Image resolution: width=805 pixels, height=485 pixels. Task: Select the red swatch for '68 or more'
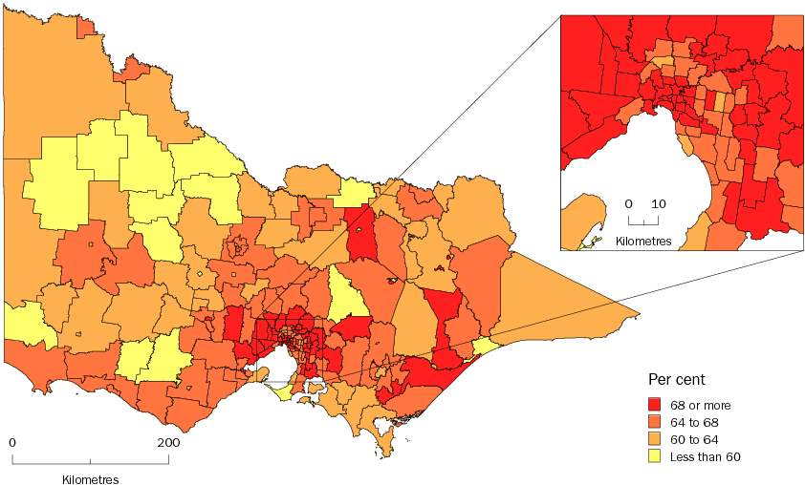pos(655,405)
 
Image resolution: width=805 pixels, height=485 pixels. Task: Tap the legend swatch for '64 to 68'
pos(655,422)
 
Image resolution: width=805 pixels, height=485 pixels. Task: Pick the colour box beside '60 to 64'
pos(655,439)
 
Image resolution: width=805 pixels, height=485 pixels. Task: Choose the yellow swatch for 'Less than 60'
pos(655,456)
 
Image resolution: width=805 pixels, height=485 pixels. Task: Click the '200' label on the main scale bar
pos(168,443)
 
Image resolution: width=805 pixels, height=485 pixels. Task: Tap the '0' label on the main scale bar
pos(12,443)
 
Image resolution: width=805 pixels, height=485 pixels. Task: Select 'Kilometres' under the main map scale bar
pos(91,478)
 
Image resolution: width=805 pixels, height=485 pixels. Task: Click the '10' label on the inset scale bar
pos(659,204)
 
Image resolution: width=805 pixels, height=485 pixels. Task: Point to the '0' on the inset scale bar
pos(629,204)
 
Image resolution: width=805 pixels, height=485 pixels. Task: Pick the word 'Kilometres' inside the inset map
pos(643,239)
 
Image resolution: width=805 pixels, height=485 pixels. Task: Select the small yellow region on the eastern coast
pos(485,345)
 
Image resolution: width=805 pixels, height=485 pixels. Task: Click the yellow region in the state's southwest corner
pos(21,323)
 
